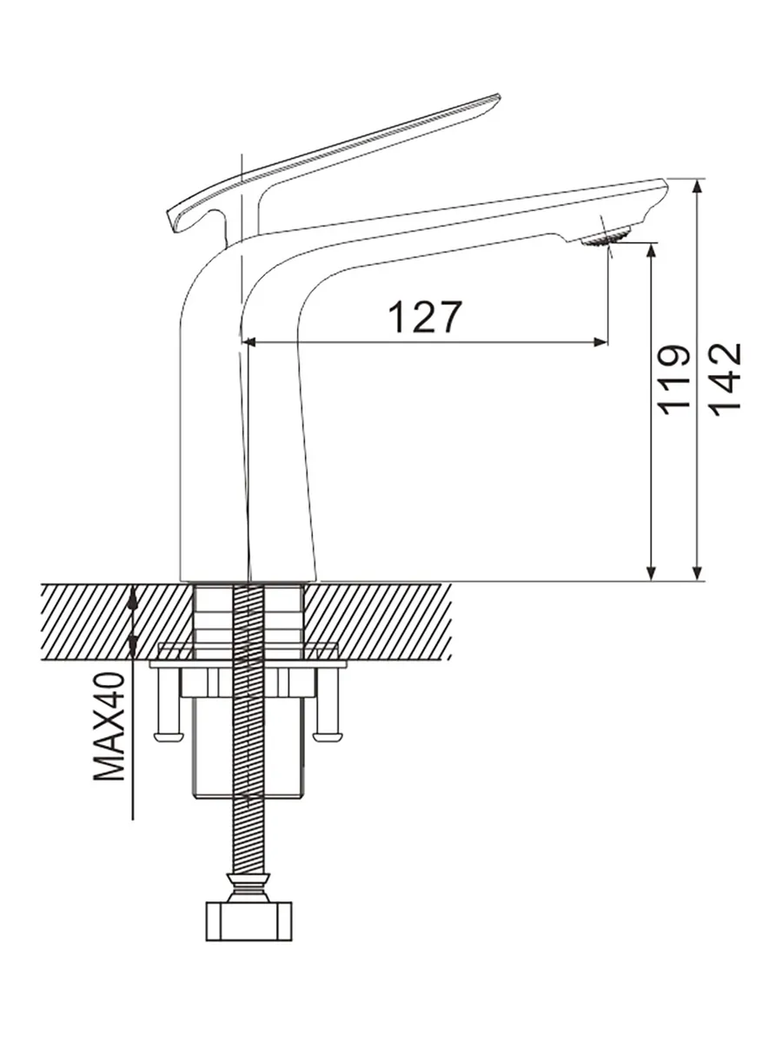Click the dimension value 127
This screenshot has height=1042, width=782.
pos(425,317)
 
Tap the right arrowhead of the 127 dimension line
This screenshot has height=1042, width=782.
pos(600,342)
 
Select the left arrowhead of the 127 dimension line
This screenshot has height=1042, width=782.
pos(249,342)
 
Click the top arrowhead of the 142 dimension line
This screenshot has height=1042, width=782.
pos(697,186)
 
